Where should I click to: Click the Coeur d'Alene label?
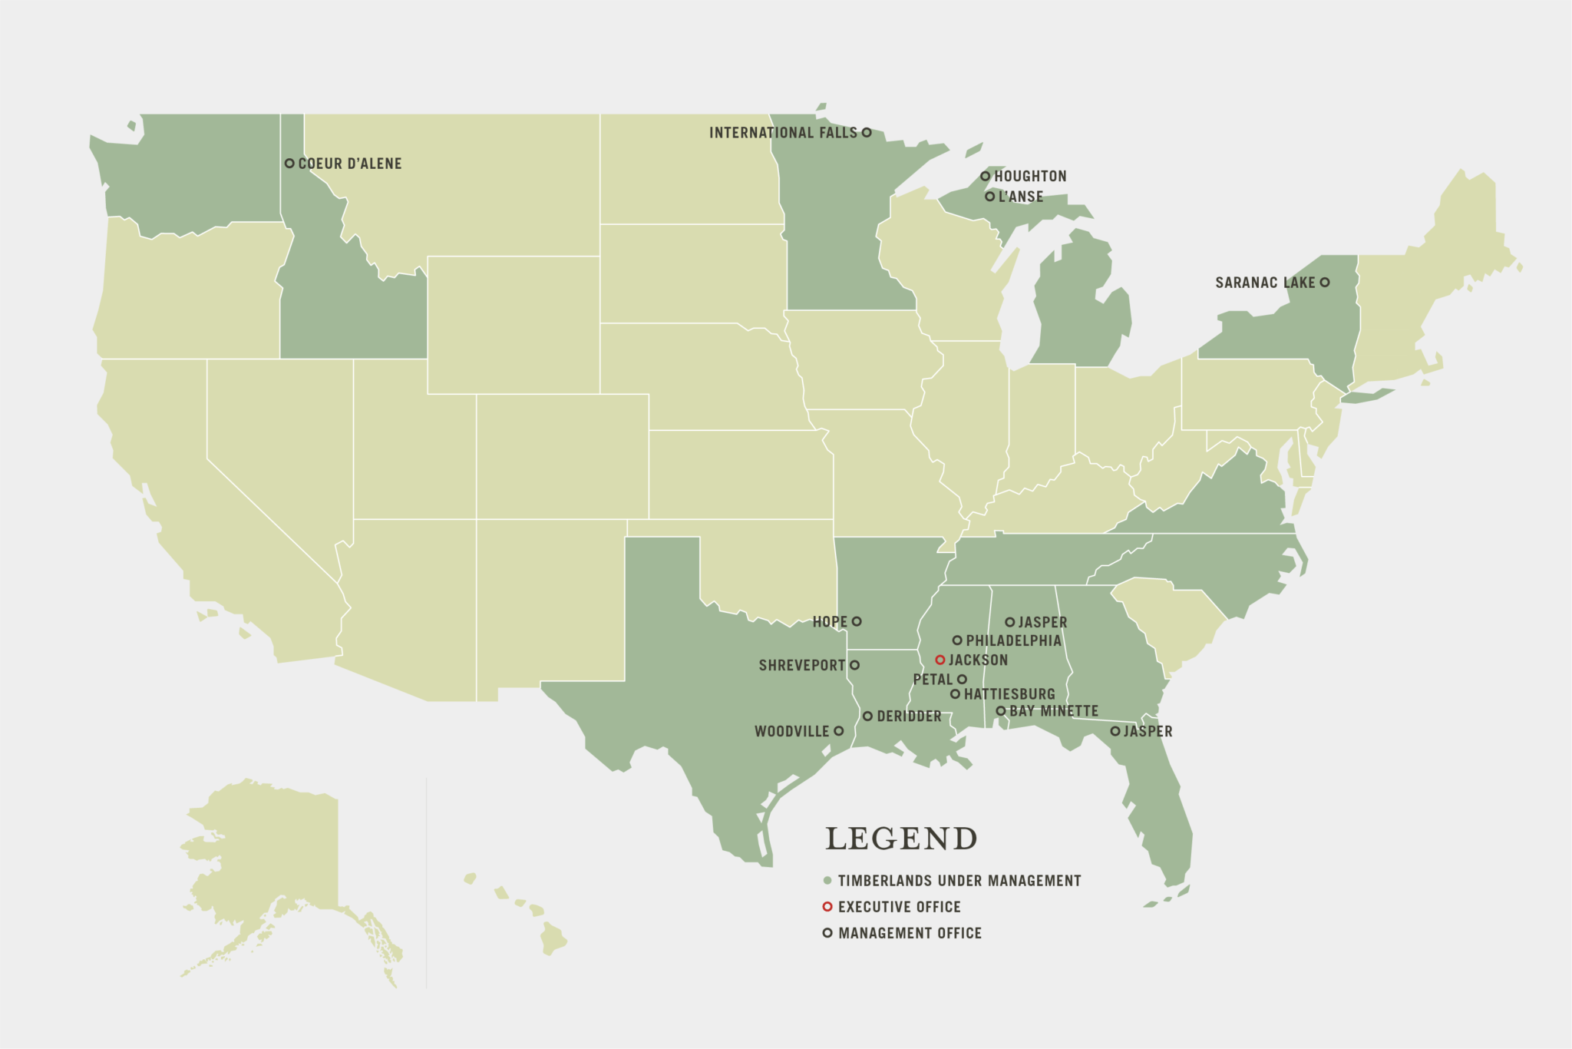[x=349, y=164]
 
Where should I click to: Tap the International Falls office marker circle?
[x=867, y=132]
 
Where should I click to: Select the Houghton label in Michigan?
[x=1030, y=177]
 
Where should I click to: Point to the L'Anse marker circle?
[x=989, y=197]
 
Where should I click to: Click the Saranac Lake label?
[x=1265, y=283]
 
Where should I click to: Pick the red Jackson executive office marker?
[x=940, y=660]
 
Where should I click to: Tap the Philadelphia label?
[x=1013, y=640]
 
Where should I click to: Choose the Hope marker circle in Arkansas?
[x=857, y=621]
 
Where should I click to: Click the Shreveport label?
[x=801, y=665]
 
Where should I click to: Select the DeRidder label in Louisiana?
[x=909, y=716]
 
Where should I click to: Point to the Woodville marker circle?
[x=839, y=731]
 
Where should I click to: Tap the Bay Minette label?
[x=1054, y=711]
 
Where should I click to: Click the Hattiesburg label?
[x=1009, y=694]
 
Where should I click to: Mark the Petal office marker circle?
[x=962, y=679]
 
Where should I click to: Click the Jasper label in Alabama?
[x=1042, y=622]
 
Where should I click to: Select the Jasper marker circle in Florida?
[x=1115, y=731]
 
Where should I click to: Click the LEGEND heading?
[x=901, y=839]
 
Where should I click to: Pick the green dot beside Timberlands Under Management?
[x=827, y=881]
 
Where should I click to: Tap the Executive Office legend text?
[x=899, y=907]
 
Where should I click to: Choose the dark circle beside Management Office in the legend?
[x=827, y=933]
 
